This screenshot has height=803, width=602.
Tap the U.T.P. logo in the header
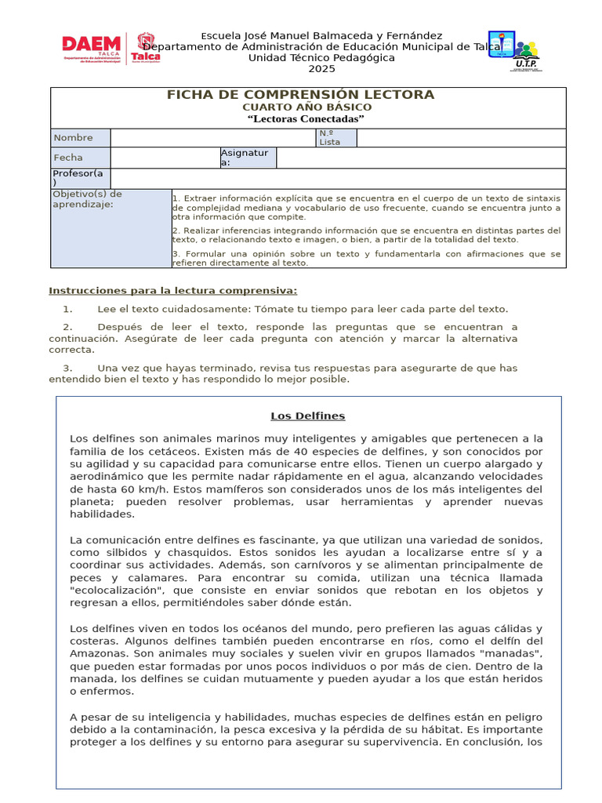(x=513, y=51)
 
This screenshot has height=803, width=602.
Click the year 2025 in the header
(x=321, y=69)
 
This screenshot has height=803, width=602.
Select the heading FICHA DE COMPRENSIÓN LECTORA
(x=300, y=95)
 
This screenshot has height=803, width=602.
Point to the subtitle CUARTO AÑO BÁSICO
(x=306, y=107)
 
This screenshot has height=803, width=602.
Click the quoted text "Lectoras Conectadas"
(x=306, y=119)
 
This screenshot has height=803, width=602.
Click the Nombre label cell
(x=80, y=138)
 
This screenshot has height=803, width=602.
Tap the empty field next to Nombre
(x=212, y=138)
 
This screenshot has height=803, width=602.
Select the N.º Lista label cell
(x=335, y=138)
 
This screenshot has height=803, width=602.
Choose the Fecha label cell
(x=80, y=158)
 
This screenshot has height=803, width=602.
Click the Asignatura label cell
(x=248, y=158)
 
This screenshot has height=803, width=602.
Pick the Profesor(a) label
(x=80, y=178)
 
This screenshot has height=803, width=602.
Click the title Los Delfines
(x=308, y=416)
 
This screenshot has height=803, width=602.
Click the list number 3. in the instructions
(x=68, y=368)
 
